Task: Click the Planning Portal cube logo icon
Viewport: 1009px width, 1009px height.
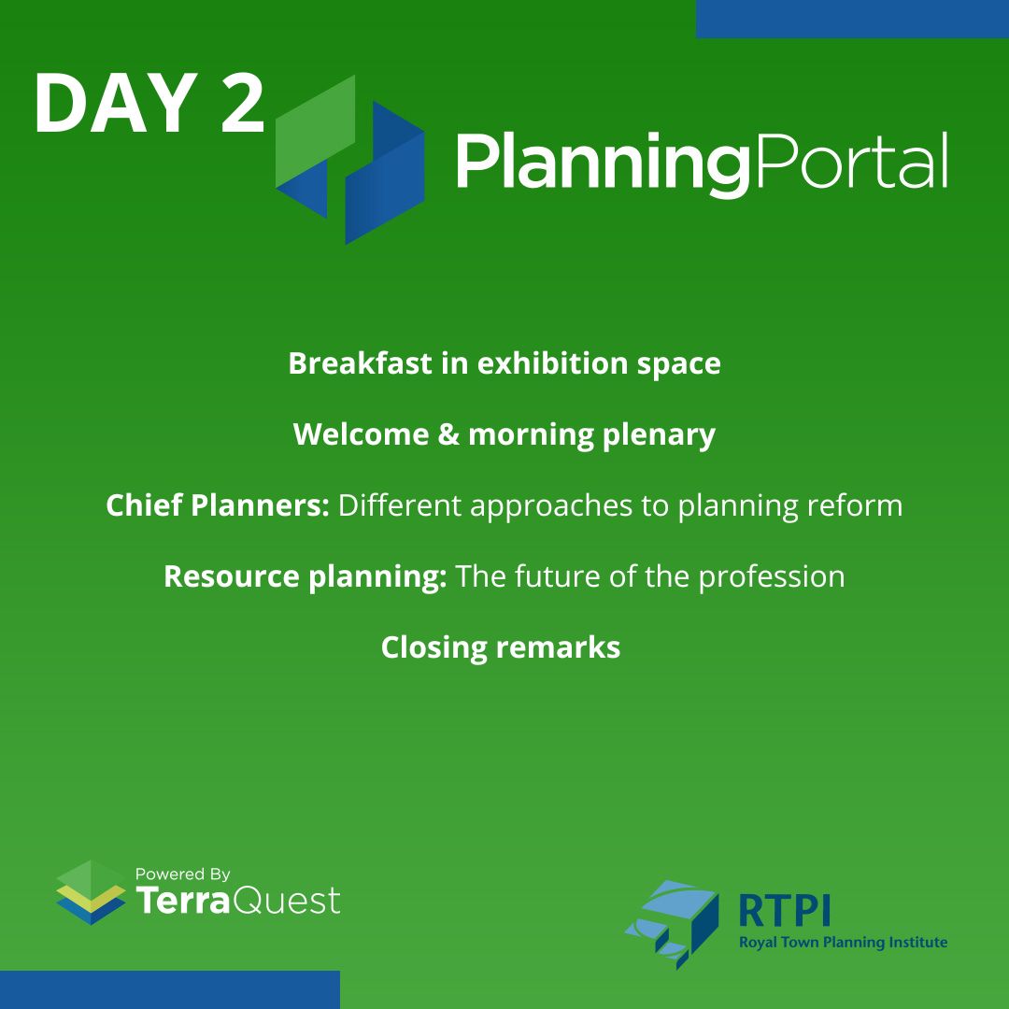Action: tap(349, 159)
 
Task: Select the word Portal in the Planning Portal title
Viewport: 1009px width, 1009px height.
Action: tap(850, 161)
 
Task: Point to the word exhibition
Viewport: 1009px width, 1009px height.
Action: tap(553, 363)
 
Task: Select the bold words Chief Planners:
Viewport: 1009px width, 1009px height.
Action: tap(217, 505)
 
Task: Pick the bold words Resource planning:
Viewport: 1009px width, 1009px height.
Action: tap(305, 576)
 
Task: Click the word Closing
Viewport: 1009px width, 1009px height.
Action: tap(433, 647)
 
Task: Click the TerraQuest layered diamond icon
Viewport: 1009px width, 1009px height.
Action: tap(91, 893)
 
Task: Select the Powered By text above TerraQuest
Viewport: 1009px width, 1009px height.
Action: tap(182, 874)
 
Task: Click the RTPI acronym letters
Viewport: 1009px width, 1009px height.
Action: tap(784, 909)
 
